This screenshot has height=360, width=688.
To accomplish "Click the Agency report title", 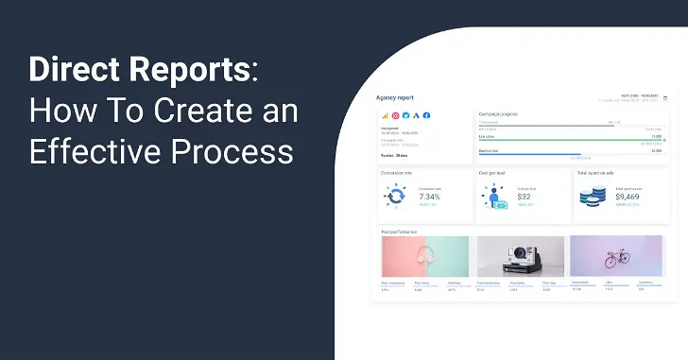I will (394, 96).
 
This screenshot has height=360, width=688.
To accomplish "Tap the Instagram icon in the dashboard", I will (395, 115).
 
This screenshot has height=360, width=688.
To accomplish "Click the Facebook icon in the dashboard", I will (426, 115).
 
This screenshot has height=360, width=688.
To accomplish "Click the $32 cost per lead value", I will (525, 196).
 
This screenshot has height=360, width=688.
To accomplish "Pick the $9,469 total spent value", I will (629, 196).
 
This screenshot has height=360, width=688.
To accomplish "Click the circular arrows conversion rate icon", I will (395, 196).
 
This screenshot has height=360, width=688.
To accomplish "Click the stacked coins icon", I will (593, 197).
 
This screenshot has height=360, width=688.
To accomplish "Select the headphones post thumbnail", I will (425, 257).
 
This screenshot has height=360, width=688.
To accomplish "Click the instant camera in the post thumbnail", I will (519, 257).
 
